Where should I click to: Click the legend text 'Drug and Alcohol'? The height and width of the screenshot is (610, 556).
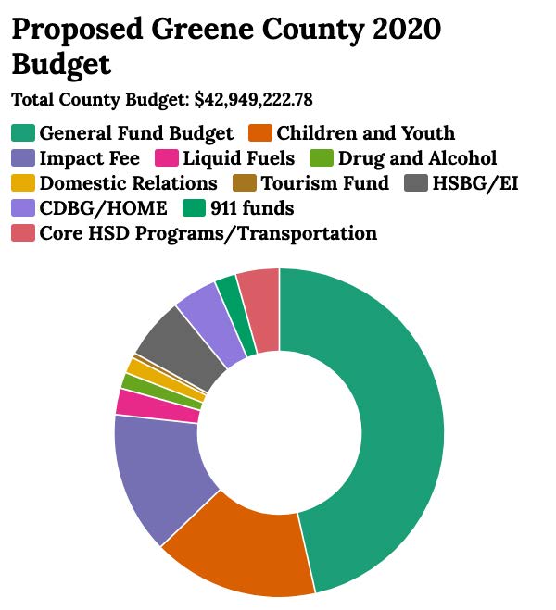[x=417, y=158]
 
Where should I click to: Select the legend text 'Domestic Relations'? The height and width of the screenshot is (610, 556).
[x=128, y=183]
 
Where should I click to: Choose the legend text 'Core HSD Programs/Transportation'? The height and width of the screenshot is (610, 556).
[x=208, y=233]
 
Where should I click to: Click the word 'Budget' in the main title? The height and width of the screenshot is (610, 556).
[x=61, y=65]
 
